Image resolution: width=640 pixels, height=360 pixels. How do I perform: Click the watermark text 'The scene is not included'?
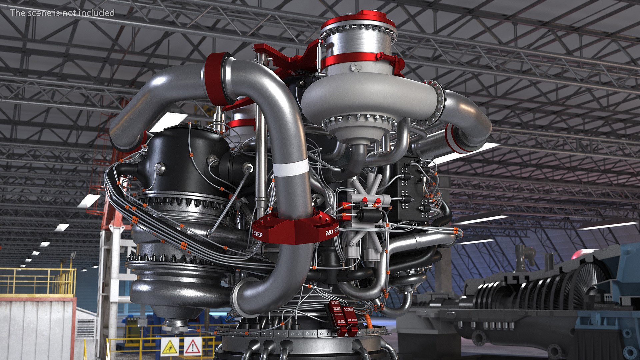coord(62,13)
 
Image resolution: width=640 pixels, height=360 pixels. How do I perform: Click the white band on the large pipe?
coord(291,167)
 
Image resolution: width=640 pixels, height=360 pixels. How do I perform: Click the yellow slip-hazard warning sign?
coord(170,347)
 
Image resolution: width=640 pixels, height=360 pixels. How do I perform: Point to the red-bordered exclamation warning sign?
coord(193,347)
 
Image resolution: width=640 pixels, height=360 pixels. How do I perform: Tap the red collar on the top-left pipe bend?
coord(215,79)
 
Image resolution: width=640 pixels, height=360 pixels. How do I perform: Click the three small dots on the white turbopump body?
coord(356,67)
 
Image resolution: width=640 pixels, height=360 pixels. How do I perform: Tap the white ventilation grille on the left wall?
coord(86,328)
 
